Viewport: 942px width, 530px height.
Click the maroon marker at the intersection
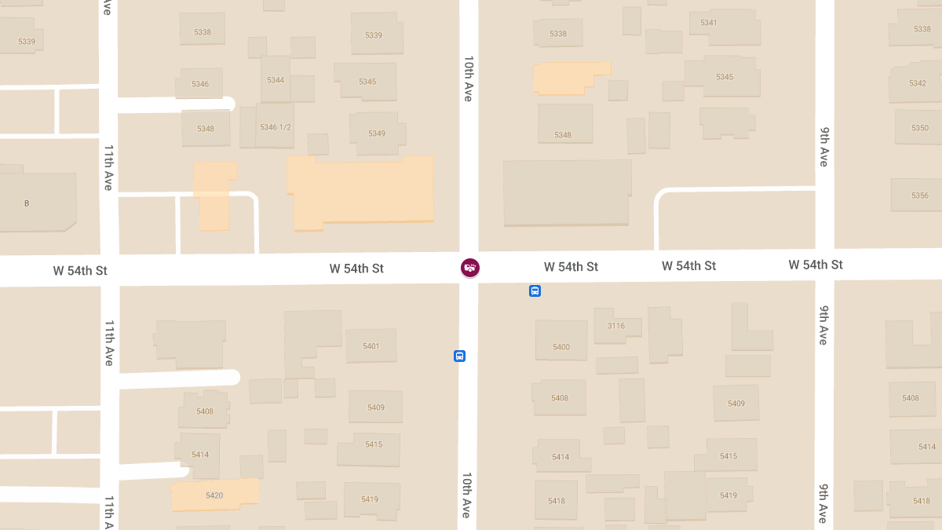click(469, 268)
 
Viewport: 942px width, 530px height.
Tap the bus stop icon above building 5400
click(535, 291)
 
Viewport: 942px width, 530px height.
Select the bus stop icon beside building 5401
click(460, 356)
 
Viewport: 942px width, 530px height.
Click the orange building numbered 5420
click(214, 495)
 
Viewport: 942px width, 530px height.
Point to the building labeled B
click(27, 203)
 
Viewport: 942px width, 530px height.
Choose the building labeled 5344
click(276, 80)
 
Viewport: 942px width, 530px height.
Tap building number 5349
click(377, 133)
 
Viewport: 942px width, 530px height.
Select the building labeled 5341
click(708, 23)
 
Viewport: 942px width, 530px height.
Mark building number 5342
click(917, 83)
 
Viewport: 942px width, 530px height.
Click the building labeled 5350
click(920, 128)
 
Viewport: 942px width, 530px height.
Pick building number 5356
click(920, 196)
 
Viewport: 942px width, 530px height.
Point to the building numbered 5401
click(371, 346)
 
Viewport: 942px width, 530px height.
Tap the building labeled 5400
click(561, 347)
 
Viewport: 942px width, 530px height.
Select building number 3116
click(616, 326)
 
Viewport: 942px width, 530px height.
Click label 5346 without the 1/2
click(200, 83)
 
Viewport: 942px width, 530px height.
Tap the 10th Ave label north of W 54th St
click(469, 79)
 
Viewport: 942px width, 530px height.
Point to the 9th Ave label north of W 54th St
click(823, 146)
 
